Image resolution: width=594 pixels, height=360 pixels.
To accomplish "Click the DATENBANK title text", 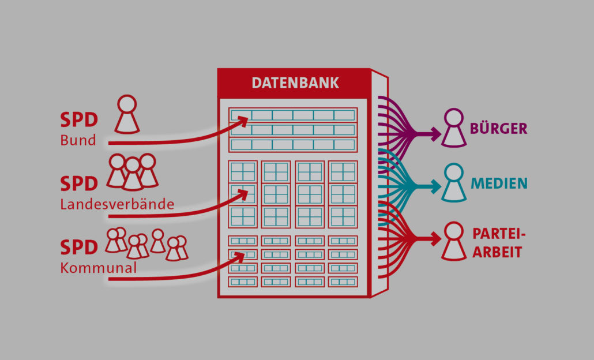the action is [295, 83].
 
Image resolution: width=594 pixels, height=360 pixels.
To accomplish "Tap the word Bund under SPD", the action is [78, 140].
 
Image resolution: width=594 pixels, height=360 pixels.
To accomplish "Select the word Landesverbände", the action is [117, 204].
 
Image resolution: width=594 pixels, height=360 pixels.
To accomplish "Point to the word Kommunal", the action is [98, 268].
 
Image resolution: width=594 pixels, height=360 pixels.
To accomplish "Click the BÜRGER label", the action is [498, 127].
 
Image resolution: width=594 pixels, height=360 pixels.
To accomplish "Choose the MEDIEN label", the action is [499, 183].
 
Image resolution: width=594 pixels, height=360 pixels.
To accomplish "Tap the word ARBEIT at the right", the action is [497, 252].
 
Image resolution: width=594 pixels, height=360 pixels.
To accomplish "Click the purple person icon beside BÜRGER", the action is [453, 127].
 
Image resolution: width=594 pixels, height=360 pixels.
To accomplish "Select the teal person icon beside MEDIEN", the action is [453, 182].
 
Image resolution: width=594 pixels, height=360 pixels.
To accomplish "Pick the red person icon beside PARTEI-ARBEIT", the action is [453, 241].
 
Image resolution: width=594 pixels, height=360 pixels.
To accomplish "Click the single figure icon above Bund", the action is [127, 114].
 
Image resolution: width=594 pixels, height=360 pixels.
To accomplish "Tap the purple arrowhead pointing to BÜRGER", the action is [434, 134].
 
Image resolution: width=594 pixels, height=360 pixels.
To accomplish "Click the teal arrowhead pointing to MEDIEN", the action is [434, 186].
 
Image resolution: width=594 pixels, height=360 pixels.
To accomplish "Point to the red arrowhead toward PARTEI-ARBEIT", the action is [434, 239].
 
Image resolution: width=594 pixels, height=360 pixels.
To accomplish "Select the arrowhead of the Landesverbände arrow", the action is [242, 194].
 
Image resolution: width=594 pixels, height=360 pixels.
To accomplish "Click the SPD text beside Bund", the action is [79, 120].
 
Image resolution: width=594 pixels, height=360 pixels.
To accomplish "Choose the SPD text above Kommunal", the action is [79, 247].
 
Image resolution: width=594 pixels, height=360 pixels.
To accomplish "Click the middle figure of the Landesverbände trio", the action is [132, 174].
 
